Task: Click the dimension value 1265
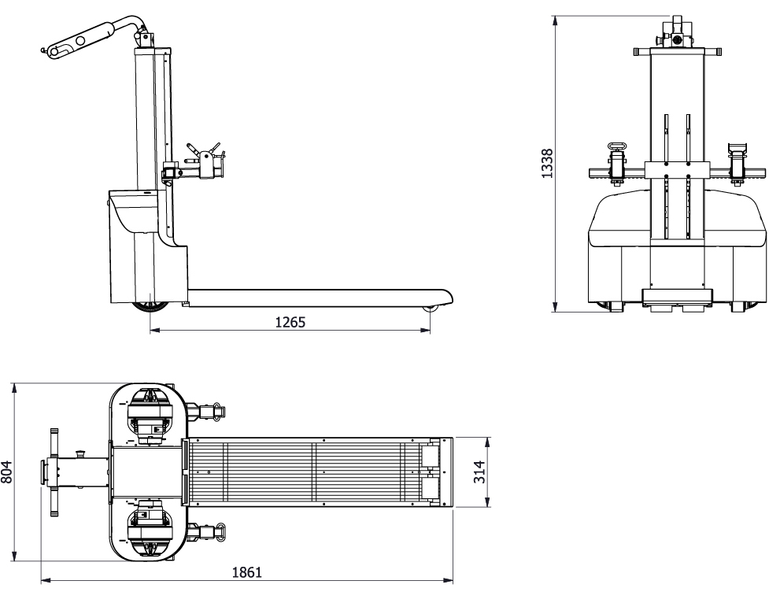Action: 290,323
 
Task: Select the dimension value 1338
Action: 547,163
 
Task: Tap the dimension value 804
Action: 6,472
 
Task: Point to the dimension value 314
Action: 479,472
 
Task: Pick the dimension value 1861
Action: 246,572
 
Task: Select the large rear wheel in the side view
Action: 150,308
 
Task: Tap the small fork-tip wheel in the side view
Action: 430,309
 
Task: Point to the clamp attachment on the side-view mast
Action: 197,163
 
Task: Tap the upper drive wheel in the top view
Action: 150,417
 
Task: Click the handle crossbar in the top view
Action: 54,472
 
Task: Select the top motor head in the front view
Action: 677,31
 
